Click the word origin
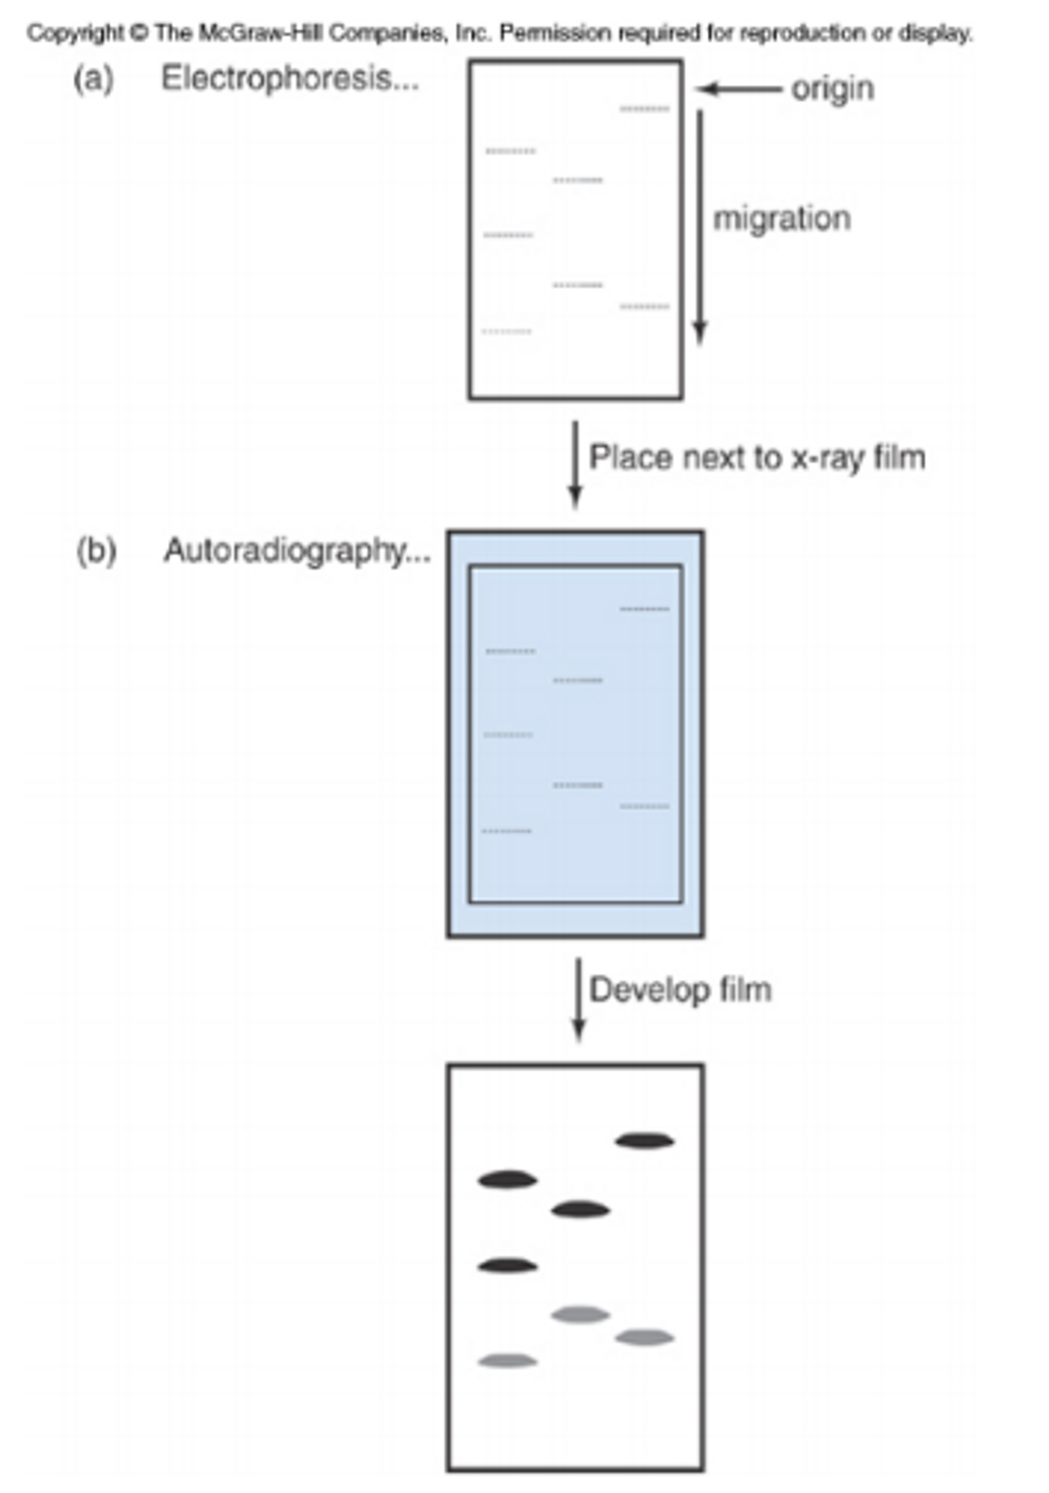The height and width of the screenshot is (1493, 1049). click(832, 89)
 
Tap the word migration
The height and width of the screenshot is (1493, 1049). click(782, 219)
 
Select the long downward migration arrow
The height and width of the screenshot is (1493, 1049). click(700, 228)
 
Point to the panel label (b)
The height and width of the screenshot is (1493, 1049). click(97, 552)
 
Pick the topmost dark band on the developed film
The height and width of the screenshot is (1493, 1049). click(644, 1141)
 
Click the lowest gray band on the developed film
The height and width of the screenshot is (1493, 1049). click(507, 1361)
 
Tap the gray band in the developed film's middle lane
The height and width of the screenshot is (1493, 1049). click(580, 1315)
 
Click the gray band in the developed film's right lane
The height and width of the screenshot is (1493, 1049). click(644, 1338)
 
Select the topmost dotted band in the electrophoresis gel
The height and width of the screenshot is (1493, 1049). click(644, 109)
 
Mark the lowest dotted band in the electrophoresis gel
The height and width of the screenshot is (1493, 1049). click(507, 331)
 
